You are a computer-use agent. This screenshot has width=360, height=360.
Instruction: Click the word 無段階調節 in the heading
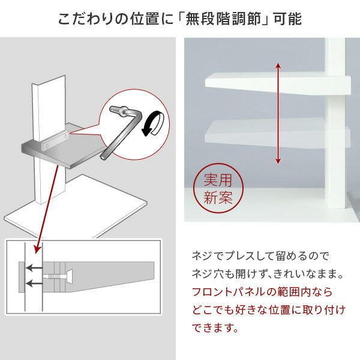pos(223,19)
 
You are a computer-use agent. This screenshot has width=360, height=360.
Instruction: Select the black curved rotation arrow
pos(152,123)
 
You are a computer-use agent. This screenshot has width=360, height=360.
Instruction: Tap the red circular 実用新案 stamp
pos(218,188)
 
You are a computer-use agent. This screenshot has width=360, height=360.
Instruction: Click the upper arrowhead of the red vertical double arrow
pos(278,66)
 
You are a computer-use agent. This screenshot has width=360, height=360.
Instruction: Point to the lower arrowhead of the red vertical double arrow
pos(278,160)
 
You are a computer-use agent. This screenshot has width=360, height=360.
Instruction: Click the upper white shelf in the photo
pos(278,84)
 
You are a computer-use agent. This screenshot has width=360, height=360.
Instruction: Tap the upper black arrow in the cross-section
pos(34,268)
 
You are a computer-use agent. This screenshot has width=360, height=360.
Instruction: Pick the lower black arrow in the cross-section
pos(34,284)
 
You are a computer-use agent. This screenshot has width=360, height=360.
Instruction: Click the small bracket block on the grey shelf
pos(55,141)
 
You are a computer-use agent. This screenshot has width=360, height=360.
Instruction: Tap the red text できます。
pos(215,328)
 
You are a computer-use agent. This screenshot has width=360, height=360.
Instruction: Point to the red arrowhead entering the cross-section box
pos(37,250)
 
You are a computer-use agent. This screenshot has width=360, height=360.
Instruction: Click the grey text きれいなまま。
pos(309,274)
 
